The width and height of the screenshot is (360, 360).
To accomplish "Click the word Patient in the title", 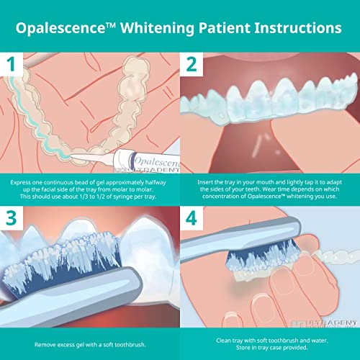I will pos(228,27).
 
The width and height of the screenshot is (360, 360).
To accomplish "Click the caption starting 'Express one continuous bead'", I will pos(90,189).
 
